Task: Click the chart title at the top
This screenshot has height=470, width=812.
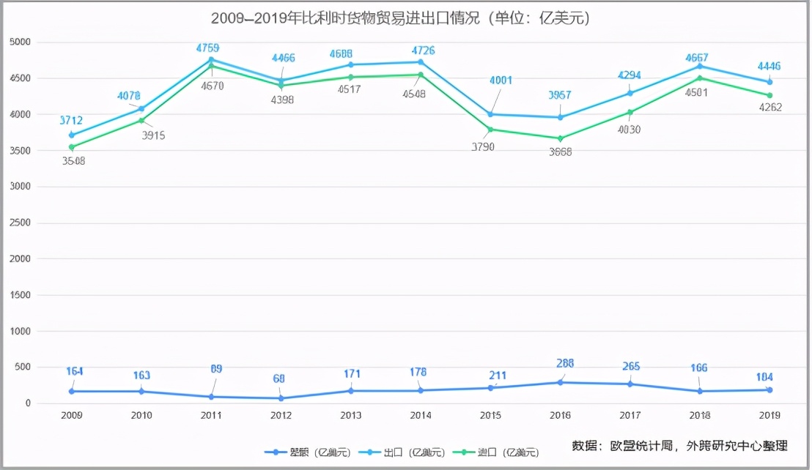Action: pos(400,18)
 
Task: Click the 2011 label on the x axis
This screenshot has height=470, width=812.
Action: pos(211,415)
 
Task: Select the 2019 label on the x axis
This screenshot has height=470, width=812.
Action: pos(769,415)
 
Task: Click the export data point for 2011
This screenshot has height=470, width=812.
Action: pos(211,59)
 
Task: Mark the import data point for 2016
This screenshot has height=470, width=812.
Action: pos(561,138)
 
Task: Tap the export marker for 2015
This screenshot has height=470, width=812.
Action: pos(490,114)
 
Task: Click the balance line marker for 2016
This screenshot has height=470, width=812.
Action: pos(561,382)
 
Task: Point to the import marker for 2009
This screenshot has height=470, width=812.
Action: pos(72,147)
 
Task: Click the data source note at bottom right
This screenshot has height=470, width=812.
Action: pos(679,445)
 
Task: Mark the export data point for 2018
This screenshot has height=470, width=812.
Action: pos(700,66)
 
